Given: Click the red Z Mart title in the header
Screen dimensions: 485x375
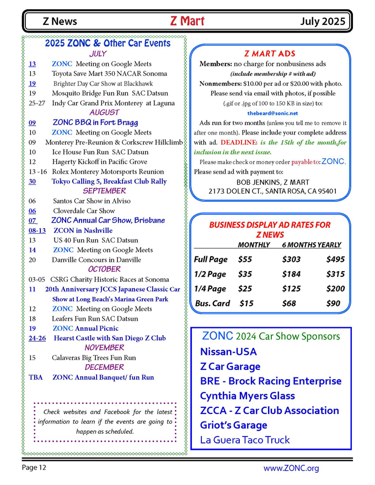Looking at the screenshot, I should click(x=187, y=21).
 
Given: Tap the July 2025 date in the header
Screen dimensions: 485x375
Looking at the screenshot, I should click(x=323, y=22).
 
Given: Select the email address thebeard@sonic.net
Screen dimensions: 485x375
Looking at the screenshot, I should click(x=270, y=113).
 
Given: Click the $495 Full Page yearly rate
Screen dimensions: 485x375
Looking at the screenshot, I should click(x=335, y=260).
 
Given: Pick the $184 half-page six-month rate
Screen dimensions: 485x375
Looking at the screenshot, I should click(x=291, y=274).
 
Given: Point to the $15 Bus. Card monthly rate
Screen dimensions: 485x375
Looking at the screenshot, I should click(x=247, y=303).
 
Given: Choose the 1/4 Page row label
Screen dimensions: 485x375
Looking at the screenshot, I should click(x=210, y=289).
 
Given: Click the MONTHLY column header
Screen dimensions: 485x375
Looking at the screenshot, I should click(x=254, y=245).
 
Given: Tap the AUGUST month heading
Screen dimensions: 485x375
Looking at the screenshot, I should click(x=104, y=112).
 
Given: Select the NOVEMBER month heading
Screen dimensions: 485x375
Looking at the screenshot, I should click(x=104, y=348).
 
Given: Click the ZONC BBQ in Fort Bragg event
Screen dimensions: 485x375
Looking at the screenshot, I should click(x=95, y=122).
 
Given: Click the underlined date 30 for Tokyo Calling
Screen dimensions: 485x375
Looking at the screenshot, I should click(x=33, y=181).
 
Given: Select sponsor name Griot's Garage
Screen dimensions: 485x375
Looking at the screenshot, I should click(x=234, y=425).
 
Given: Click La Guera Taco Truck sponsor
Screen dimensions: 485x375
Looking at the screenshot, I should click(x=245, y=440).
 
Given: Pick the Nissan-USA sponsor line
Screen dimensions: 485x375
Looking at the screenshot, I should click(x=228, y=352).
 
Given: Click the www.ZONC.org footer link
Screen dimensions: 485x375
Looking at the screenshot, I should click(x=291, y=468).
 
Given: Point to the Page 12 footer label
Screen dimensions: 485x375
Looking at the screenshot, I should click(x=34, y=468).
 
